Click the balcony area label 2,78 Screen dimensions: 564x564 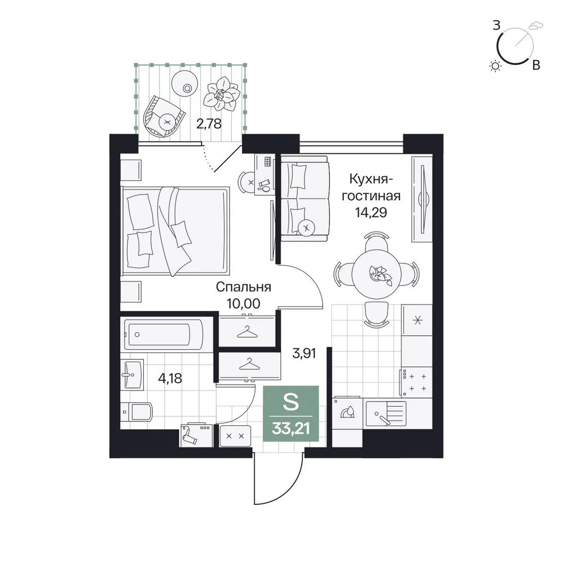(x=209, y=124)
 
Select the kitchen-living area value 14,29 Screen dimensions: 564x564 (x=371, y=213)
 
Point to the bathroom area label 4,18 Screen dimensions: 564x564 (x=170, y=378)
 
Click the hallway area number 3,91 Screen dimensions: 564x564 (x=305, y=353)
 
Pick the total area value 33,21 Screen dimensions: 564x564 (x=291, y=429)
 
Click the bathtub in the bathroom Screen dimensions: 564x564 (x=164, y=334)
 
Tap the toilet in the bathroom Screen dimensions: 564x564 (x=136, y=412)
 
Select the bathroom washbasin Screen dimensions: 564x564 (x=132, y=374)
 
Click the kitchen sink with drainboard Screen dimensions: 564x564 (x=386, y=413)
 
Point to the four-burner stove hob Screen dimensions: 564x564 (x=416, y=382)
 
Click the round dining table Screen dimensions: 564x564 (x=377, y=275)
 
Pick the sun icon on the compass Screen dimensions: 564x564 (x=496, y=66)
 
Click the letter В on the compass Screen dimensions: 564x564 (x=536, y=65)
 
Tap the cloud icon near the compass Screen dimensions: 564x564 (x=536, y=26)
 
